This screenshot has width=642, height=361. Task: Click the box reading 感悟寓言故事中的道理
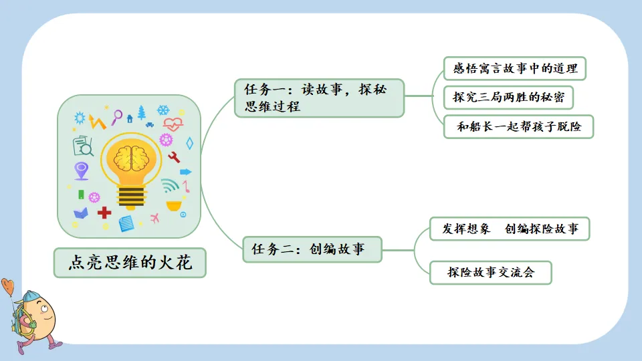tap(514, 69)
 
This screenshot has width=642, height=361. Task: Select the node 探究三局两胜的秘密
tap(508, 98)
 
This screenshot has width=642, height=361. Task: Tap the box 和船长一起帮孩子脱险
tap(518, 126)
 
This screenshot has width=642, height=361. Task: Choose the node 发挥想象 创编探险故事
tap(510, 229)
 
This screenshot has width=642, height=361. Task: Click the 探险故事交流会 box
tap(491, 273)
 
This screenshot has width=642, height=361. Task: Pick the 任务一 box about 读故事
tap(319, 98)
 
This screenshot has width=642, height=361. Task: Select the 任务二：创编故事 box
tap(312, 249)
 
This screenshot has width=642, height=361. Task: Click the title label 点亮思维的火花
tap(130, 263)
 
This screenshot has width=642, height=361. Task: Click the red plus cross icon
tap(104, 213)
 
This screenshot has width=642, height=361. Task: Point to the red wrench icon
tap(175, 158)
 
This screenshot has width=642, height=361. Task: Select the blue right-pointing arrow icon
tap(185, 172)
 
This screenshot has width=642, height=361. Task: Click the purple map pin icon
tap(82, 170)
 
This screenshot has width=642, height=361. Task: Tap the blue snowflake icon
tap(163, 110)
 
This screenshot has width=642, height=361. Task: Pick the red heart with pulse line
tap(173, 124)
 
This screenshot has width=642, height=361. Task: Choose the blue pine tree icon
tap(141, 112)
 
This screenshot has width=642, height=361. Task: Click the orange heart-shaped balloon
tap(7, 287)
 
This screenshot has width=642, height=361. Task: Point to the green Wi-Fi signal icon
tap(169, 185)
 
